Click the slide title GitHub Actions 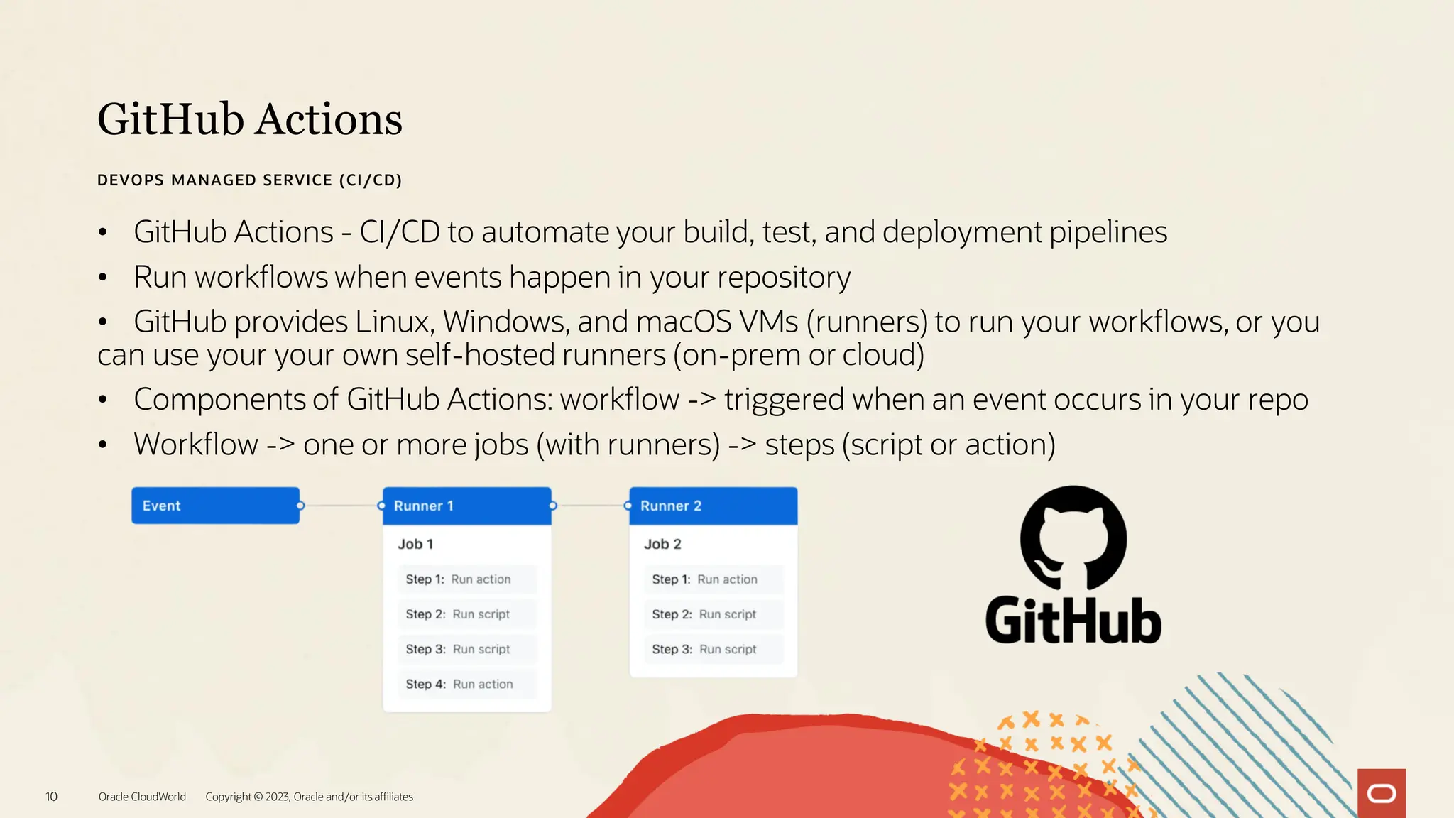click(250, 119)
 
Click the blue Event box click(215, 506)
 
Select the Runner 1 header click(466, 506)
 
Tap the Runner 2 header click(713, 506)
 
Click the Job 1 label click(415, 544)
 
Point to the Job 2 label click(662, 544)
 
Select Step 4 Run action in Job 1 click(466, 684)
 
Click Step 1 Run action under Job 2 click(713, 579)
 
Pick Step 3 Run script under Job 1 click(466, 649)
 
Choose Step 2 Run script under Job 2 click(713, 614)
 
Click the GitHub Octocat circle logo click(1073, 538)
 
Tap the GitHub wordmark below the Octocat click(1073, 621)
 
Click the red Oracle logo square click(1381, 793)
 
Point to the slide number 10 click(51, 797)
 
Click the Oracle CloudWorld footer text click(142, 797)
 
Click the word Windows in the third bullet click(505, 322)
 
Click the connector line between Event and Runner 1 click(341, 506)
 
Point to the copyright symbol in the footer click(258, 797)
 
